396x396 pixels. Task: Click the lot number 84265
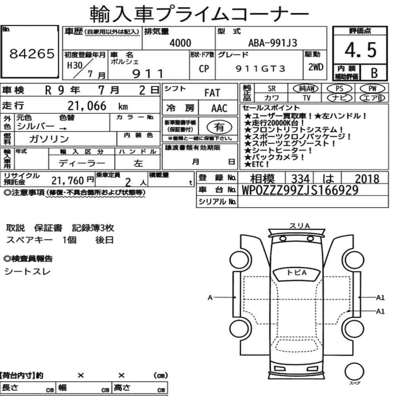32,53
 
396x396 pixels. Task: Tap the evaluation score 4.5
360,50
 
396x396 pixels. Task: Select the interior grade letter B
374,73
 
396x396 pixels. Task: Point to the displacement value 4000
180,43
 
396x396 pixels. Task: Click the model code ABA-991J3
272,43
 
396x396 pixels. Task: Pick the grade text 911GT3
260,69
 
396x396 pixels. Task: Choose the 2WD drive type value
316,67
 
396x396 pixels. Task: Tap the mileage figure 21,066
87,106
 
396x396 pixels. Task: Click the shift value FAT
212,93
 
